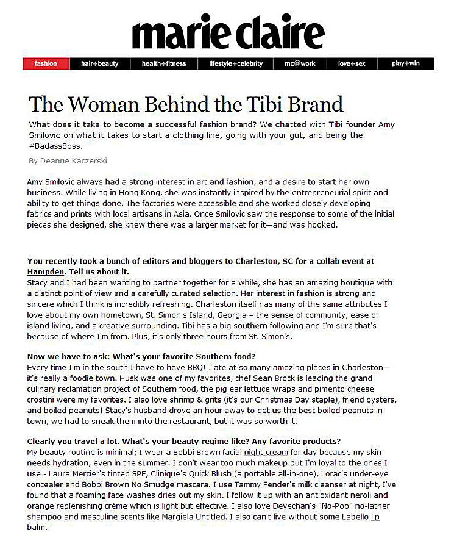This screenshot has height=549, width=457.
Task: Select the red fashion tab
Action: [46, 63]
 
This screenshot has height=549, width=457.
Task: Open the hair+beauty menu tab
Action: [100, 63]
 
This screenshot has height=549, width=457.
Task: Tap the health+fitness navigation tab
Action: [164, 63]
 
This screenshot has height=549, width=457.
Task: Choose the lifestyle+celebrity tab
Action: [235, 63]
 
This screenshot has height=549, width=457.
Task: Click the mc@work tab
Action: [300, 63]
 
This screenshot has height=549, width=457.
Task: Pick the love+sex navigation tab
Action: [352, 63]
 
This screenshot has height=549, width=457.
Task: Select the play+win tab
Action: [406, 63]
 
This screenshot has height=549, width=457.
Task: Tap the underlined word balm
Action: [37, 527]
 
